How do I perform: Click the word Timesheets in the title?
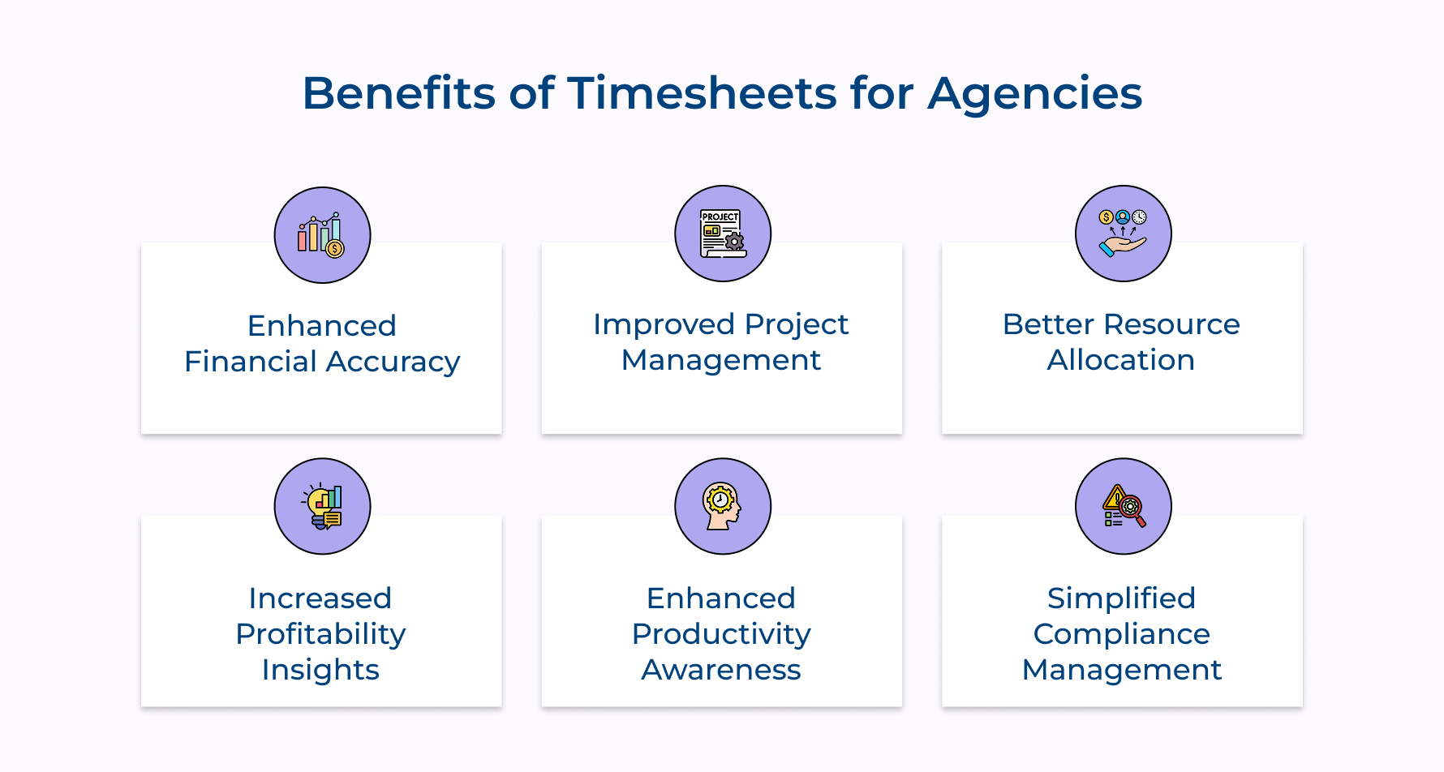pyautogui.click(x=702, y=93)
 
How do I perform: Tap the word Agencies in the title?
pyautogui.click(x=1035, y=93)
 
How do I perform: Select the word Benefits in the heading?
pyautogui.click(x=398, y=93)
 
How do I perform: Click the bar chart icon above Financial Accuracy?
pyautogui.click(x=322, y=235)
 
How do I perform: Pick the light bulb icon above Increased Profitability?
pyautogui.click(x=322, y=507)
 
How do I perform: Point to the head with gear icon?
pyautogui.click(x=723, y=507)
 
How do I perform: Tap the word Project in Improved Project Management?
pyautogui.click(x=796, y=324)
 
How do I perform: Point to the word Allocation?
pyautogui.click(x=1121, y=360)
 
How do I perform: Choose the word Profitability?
pyautogui.click(x=320, y=634)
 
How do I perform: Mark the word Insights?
pyautogui.click(x=320, y=670)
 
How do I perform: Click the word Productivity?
pyautogui.click(x=721, y=634)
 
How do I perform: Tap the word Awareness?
pyautogui.click(x=721, y=670)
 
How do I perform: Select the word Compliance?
pyautogui.click(x=1121, y=634)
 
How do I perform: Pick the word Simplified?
pyautogui.click(x=1121, y=598)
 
